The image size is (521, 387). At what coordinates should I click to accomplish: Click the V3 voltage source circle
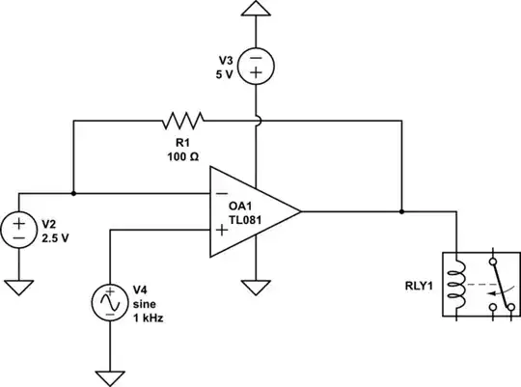coord(256,66)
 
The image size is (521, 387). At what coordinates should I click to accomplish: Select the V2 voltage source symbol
coord(19,230)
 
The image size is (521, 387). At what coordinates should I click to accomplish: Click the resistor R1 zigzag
coord(183,121)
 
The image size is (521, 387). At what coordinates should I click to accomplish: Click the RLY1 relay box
coord(474,285)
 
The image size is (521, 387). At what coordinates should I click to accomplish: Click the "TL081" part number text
coord(248,220)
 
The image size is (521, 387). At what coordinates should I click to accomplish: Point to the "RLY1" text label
coord(416,286)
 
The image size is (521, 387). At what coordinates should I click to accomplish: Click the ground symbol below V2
coord(19,286)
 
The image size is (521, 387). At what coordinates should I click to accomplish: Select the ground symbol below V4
coord(109,375)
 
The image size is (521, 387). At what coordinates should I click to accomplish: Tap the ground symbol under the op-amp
coord(256,287)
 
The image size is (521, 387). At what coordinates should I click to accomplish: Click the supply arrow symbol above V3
coord(256,10)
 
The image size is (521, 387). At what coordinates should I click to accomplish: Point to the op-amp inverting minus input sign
coord(222,194)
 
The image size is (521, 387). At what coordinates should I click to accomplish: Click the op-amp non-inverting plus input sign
coord(222,230)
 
